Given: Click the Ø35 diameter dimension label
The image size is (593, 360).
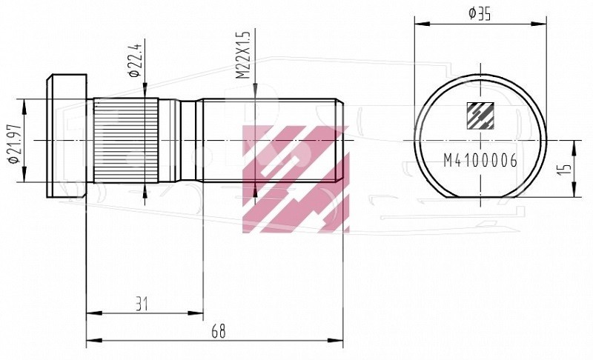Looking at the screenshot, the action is pos(479,14).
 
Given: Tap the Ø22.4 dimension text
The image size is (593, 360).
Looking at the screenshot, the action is pos(135,60).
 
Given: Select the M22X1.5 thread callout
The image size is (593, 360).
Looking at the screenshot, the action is pos(244,55).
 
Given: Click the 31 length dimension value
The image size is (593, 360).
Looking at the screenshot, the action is pos(142,304).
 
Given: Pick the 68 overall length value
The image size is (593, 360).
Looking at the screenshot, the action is pos(219,331).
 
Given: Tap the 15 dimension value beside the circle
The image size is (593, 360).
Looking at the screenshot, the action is pos(563,169).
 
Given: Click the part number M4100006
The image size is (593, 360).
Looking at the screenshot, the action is pos(480,161).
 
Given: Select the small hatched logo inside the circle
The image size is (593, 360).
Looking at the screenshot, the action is pos(480,116).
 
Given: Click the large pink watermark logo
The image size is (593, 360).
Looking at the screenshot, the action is pos(295,179).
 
